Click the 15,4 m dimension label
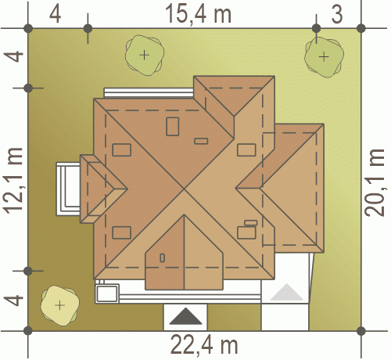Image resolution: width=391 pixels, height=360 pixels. pos(198,14)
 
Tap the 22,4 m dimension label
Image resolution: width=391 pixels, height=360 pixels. pos(204,345)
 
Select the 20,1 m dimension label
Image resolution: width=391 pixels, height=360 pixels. pos(375,182)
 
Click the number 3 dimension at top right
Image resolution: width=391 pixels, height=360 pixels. pos(337,14)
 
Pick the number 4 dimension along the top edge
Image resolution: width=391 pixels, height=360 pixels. pos(56,14)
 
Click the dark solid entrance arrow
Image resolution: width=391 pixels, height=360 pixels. pos(185,316)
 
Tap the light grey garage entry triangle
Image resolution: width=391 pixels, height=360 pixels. pos(287,292)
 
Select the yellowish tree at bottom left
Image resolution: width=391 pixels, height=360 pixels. pos(59,305)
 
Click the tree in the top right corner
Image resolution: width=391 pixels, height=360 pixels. pos(324,56)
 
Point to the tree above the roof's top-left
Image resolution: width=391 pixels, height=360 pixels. pos(145,55)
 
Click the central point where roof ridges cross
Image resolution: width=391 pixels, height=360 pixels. pos(185,188)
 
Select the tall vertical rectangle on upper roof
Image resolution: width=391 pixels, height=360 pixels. pos(173,126)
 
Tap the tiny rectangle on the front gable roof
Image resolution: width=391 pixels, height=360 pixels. pos(162,257)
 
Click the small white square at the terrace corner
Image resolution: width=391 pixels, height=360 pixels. pos(107,293)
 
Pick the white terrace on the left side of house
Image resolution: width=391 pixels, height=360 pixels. pos(68,189)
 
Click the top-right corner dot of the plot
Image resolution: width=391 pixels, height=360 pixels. pos(361,28)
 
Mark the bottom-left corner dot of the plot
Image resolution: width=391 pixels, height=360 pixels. pos(28,331)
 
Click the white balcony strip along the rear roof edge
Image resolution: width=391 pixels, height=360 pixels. pos(149,93)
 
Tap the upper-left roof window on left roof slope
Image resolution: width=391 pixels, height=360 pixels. pos(121,149)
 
